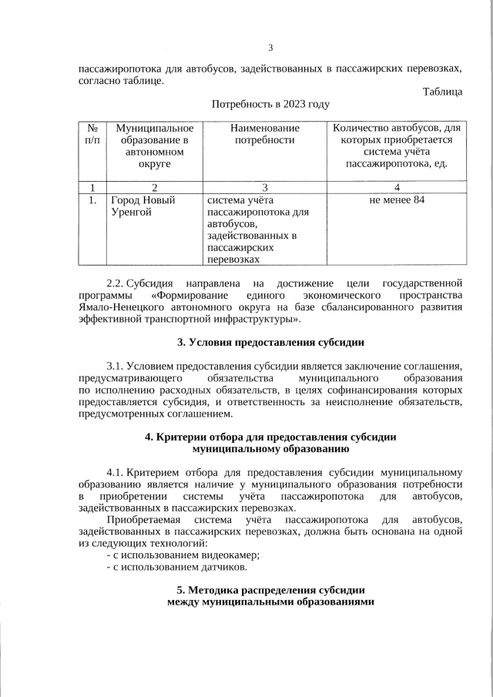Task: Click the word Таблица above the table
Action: click(442, 92)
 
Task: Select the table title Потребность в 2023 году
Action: click(270, 104)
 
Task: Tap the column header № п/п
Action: click(92, 134)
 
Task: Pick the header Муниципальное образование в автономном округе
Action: click(154, 146)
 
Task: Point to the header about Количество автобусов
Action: click(397, 146)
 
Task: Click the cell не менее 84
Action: click(397, 200)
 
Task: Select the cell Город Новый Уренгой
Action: click(143, 206)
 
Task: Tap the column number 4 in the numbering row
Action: click(397, 186)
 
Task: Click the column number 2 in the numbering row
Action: click(154, 186)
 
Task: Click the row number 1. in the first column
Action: click(92, 200)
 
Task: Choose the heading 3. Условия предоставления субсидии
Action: click(270, 341)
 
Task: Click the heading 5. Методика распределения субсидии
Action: click(270, 591)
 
